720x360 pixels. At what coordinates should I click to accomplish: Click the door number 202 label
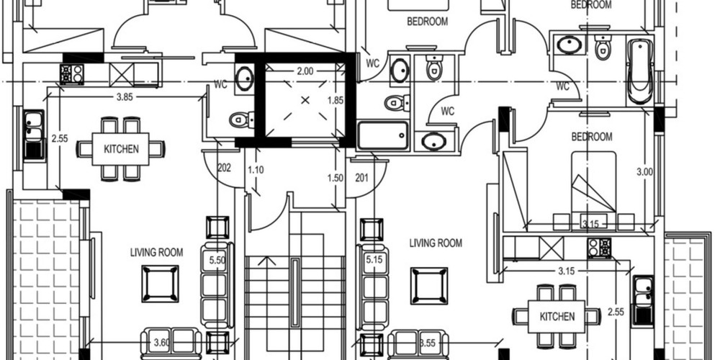pyautogui.click(x=223, y=168)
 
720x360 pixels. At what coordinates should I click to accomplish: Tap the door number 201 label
pyautogui.click(x=361, y=178)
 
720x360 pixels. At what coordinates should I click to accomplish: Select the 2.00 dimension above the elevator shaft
pyautogui.click(x=305, y=71)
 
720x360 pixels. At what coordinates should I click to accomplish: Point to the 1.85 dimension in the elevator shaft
pyautogui.click(x=335, y=101)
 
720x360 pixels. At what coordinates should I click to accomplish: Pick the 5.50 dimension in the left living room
pyautogui.click(x=217, y=259)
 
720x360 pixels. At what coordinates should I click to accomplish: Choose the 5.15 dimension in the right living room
pyautogui.click(x=374, y=259)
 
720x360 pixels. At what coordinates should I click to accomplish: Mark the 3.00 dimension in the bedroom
pyautogui.click(x=644, y=172)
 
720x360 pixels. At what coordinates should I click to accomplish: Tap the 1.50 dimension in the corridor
pyautogui.click(x=334, y=178)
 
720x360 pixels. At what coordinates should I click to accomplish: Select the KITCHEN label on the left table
pyautogui.click(x=122, y=150)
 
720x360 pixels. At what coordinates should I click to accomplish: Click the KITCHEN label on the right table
pyautogui.click(x=558, y=317)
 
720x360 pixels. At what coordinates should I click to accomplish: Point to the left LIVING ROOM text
pyautogui.click(x=156, y=253)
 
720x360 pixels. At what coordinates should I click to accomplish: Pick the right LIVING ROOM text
pyautogui.click(x=436, y=243)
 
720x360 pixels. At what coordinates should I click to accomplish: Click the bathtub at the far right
pyautogui.click(x=638, y=71)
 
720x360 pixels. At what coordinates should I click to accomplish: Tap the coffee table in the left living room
pyautogui.click(x=160, y=284)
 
